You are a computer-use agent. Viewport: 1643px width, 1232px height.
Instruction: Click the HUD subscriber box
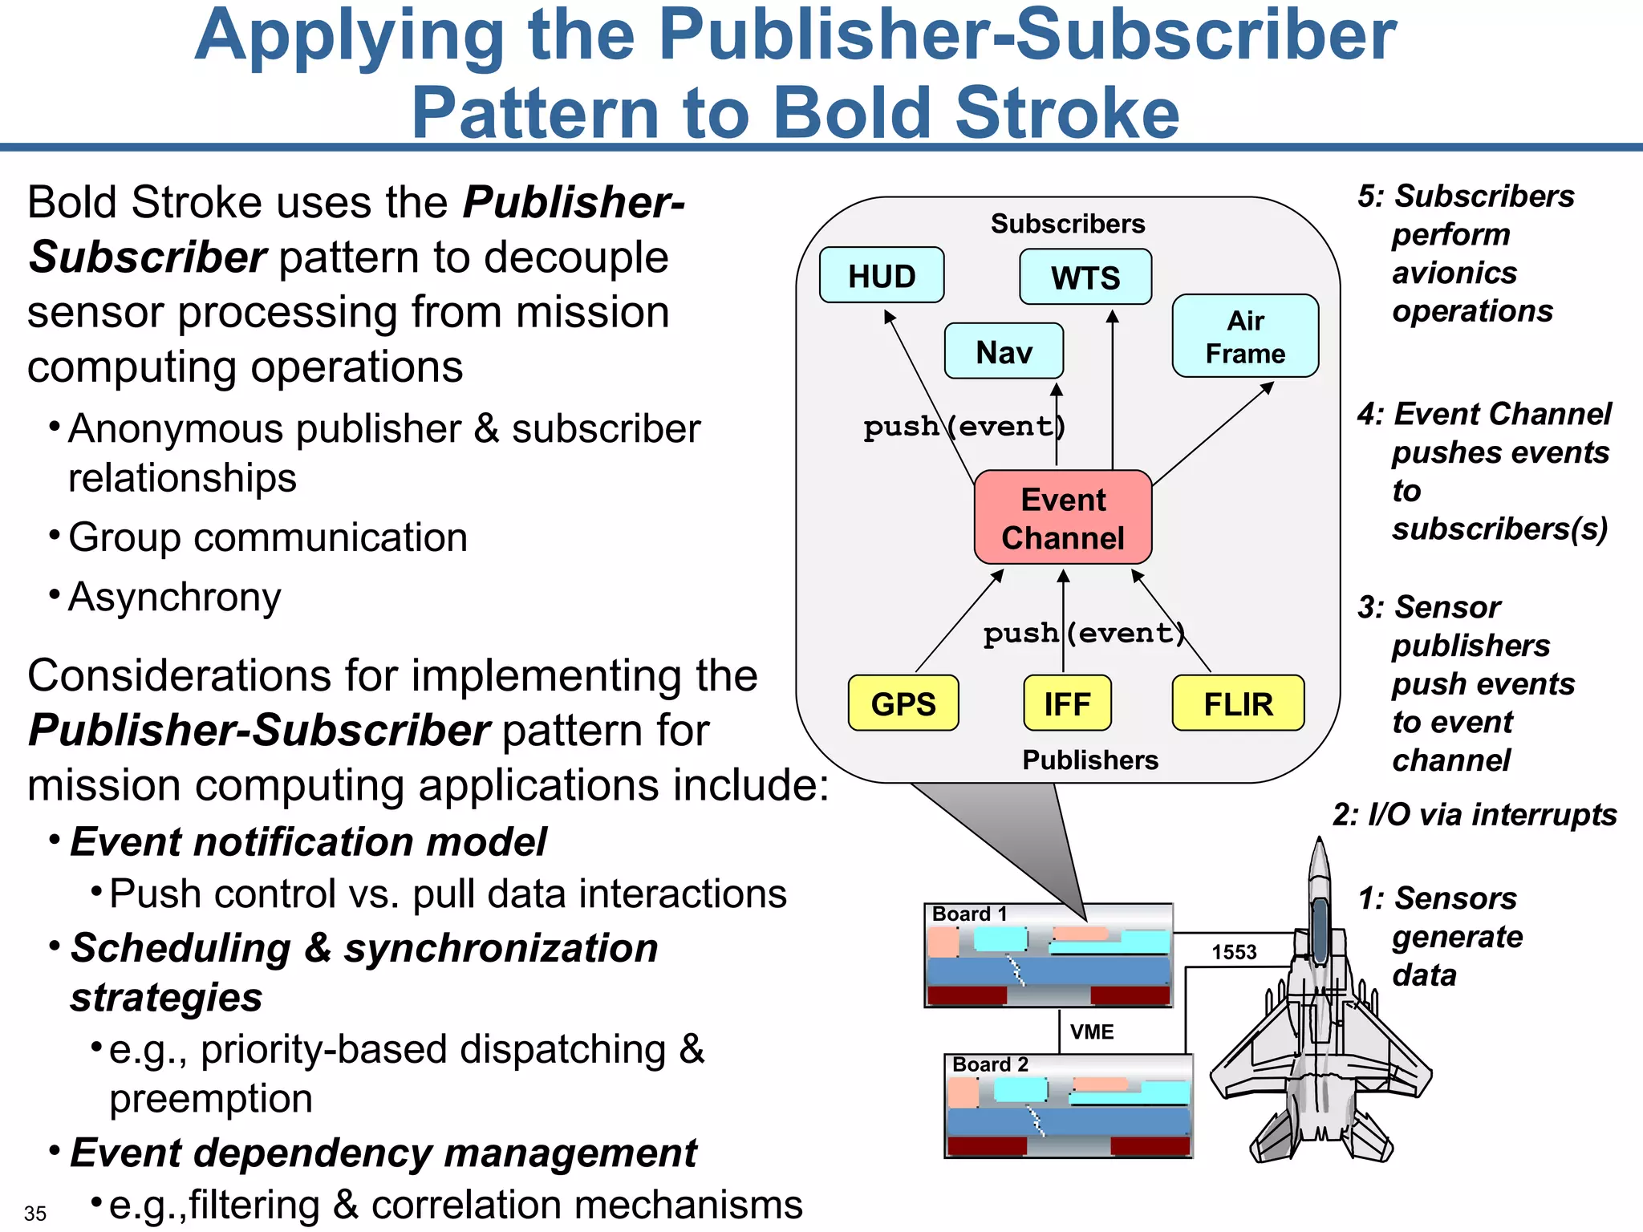[x=882, y=275]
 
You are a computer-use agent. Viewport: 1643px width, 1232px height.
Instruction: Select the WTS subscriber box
[x=1085, y=278]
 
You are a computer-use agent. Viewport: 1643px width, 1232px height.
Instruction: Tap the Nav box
[x=1004, y=351]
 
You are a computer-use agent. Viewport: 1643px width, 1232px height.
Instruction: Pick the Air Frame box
[x=1245, y=336]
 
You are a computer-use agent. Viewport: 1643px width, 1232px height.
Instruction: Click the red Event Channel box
[x=1063, y=517]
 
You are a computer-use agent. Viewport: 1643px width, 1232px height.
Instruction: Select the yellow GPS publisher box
[x=903, y=703]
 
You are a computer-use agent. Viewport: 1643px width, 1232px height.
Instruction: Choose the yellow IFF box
[x=1067, y=703]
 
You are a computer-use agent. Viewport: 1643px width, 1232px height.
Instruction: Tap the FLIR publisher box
[x=1238, y=703]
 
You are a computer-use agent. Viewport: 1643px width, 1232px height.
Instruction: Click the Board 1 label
[x=969, y=914]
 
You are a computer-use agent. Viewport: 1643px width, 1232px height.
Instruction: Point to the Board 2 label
[x=990, y=1064]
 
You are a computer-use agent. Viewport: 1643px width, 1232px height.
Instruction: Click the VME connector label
[x=1092, y=1031]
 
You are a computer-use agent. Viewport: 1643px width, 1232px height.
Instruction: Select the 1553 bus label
[x=1234, y=952]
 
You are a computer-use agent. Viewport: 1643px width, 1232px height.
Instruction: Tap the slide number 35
[x=35, y=1213]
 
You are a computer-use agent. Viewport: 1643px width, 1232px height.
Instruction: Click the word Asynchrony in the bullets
[x=175, y=598]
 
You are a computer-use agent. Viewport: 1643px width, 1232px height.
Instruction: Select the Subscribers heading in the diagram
[x=1068, y=224]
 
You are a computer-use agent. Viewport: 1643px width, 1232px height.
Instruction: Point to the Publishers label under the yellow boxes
[x=1090, y=760]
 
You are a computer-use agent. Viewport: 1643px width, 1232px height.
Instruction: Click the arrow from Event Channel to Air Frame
[x=1213, y=434]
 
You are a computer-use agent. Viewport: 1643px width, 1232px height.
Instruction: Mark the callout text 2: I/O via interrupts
[x=1475, y=815]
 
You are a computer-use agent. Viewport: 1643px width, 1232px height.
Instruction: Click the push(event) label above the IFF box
[x=1084, y=633]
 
